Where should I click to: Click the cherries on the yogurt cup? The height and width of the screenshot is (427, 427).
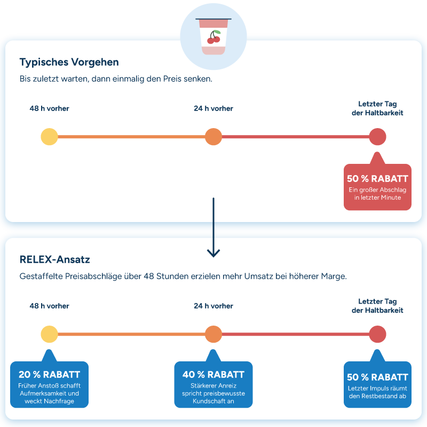pyautogui.click(x=214, y=37)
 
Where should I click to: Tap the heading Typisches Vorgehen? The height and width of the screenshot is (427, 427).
pyautogui.click(x=69, y=62)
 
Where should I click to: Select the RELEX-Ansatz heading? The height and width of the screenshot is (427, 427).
pyautogui.click(x=55, y=259)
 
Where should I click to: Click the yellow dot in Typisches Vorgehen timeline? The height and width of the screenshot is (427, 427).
pyautogui.click(x=49, y=137)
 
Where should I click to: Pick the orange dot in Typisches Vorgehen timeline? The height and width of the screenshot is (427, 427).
pyautogui.click(x=213, y=137)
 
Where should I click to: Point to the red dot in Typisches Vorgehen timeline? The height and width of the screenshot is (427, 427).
pyautogui.click(x=377, y=137)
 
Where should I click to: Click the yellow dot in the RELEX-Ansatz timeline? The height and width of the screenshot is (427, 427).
pyautogui.click(x=49, y=334)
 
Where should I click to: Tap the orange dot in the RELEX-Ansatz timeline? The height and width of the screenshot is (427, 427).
pyautogui.click(x=213, y=334)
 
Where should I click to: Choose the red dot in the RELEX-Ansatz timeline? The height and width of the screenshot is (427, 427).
pyautogui.click(x=377, y=334)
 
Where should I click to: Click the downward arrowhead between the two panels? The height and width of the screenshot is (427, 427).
pyautogui.click(x=213, y=253)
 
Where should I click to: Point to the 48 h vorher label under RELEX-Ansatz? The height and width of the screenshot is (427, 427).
pyautogui.click(x=49, y=306)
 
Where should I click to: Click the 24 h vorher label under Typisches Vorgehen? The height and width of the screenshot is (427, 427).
pyautogui.click(x=213, y=108)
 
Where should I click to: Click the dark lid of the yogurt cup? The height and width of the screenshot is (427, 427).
pyautogui.click(x=213, y=19)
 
